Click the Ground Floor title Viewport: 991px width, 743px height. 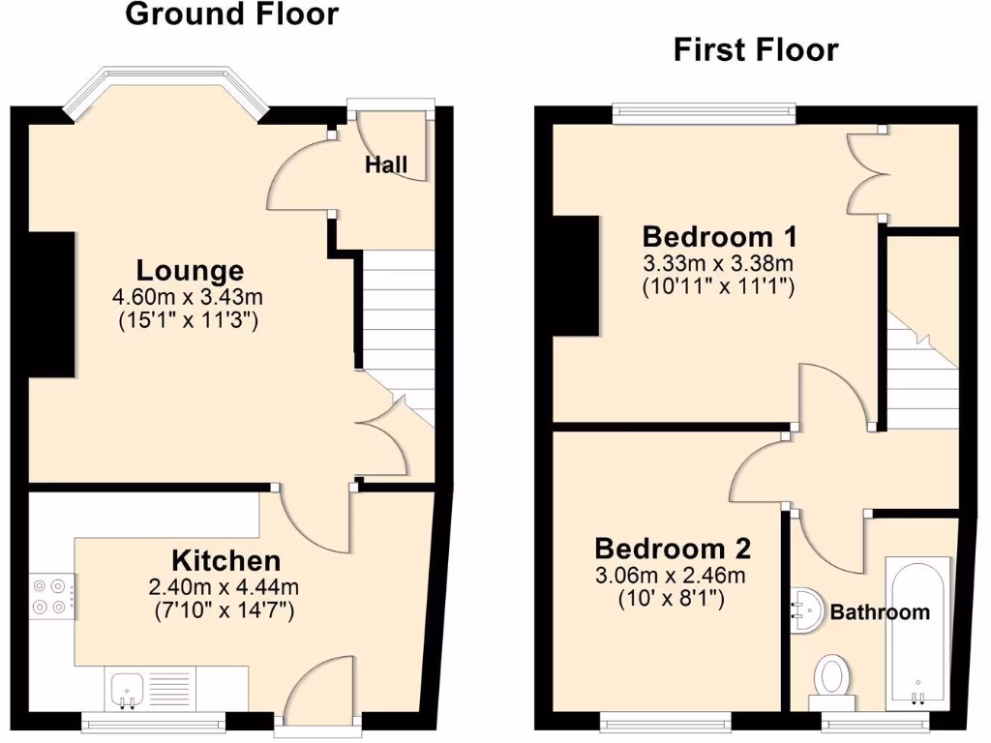point(232,15)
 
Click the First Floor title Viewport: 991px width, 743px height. point(756,49)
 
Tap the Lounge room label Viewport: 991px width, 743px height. point(190,271)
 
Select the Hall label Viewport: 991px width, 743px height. point(386,164)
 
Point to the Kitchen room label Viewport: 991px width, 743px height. point(226,560)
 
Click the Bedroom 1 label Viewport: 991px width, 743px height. point(720,236)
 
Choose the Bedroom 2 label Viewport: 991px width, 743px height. point(673,549)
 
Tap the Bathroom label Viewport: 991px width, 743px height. point(880,611)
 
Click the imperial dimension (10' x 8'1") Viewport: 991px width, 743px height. point(673,599)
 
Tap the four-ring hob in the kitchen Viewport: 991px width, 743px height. point(52,596)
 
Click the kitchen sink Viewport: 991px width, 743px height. point(127,688)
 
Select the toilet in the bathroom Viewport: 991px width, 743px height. point(832,674)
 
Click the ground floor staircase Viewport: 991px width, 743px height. point(397,329)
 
